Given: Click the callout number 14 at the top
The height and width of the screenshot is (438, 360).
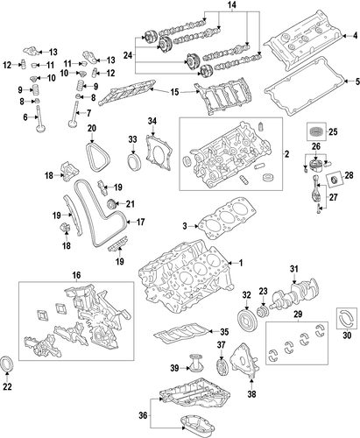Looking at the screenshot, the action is (232, 4).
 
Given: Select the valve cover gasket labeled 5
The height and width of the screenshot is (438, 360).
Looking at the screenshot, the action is (305, 87).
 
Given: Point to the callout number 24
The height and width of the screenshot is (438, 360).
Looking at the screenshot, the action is (128, 55).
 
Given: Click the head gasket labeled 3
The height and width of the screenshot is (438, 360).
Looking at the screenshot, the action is (227, 218).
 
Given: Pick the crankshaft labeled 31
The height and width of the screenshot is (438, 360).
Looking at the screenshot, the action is (294, 294).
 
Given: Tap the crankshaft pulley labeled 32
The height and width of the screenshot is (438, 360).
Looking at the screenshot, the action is (246, 321).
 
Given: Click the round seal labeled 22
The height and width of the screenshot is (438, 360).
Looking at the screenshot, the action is (7, 364).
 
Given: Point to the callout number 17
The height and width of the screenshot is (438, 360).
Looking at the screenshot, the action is (140, 223).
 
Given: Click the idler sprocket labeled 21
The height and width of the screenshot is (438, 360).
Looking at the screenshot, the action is (111, 204).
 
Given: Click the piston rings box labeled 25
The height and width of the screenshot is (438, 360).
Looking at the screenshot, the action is (315, 131).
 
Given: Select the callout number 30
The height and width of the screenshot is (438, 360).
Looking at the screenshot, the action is (347, 336).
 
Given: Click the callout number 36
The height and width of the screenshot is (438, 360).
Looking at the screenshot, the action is (143, 415).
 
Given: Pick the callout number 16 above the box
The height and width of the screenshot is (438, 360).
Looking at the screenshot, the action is (76, 275).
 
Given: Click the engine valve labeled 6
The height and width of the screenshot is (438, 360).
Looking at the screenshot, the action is (39, 120).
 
